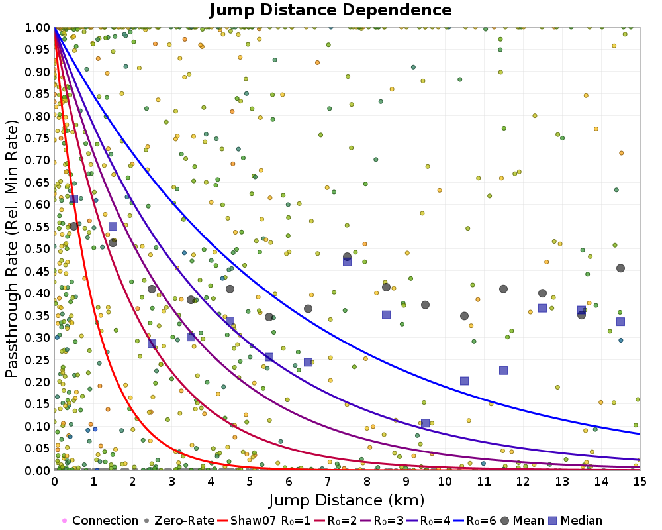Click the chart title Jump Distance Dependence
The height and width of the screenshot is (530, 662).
[330, 10]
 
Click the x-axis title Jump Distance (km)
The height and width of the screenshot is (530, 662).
[347, 499]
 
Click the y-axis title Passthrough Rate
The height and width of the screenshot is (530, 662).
[12, 249]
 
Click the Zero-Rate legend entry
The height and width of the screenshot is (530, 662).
[179, 521]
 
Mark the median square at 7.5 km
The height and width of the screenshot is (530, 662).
[347, 262]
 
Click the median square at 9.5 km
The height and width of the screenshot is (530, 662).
[425, 423]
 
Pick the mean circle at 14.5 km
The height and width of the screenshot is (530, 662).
[620, 268]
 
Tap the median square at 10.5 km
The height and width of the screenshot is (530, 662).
[464, 381]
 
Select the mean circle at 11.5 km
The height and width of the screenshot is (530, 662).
[503, 289]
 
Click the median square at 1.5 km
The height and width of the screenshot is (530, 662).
[113, 227]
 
